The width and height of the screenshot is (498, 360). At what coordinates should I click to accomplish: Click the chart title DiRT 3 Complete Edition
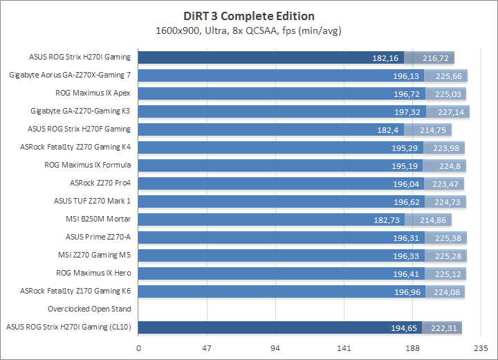(x=249, y=16)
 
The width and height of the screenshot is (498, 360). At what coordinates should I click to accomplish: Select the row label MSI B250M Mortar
(x=98, y=219)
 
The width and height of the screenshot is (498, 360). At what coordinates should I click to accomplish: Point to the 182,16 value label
(x=386, y=57)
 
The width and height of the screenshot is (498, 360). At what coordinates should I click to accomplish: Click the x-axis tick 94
(x=275, y=348)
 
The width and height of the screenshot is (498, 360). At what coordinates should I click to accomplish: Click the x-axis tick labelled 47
(x=207, y=348)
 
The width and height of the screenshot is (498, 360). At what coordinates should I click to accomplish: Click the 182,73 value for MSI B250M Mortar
(x=387, y=219)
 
